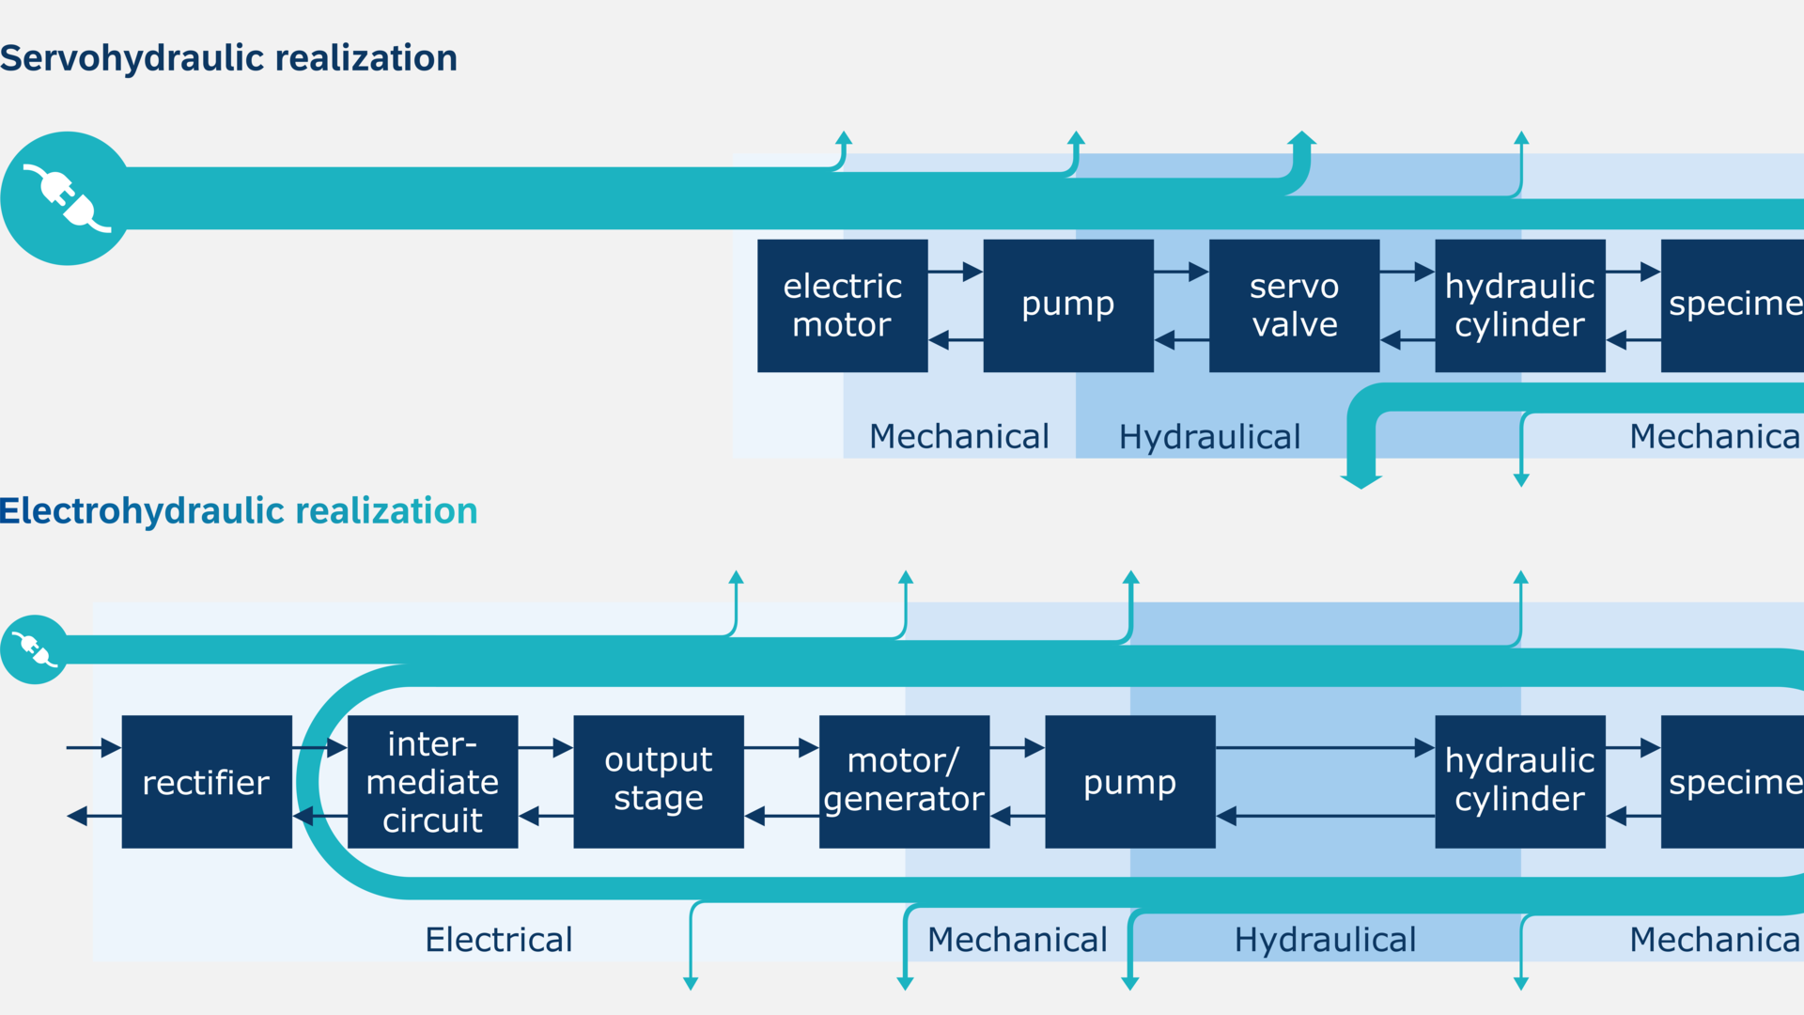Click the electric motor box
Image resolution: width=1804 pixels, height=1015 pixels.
pyautogui.click(x=842, y=305)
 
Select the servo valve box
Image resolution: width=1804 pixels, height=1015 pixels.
pyautogui.click(x=1294, y=305)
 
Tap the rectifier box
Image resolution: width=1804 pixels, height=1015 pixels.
pyautogui.click(x=207, y=782)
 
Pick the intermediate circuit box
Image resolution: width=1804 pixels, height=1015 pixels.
pyautogui.click(x=432, y=782)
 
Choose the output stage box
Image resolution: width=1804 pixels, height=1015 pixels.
pyautogui.click(x=658, y=782)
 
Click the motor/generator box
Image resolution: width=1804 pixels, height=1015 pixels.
pyautogui.click(x=904, y=782)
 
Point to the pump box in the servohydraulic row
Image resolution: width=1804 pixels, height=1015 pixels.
pyautogui.click(x=1068, y=305)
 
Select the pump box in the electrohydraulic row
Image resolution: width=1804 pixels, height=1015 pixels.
pyautogui.click(x=1129, y=782)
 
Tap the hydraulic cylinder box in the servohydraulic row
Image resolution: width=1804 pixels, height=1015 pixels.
pyautogui.click(x=1519, y=305)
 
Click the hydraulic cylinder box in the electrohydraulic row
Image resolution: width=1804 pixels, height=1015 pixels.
pyautogui.click(x=1519, y=782)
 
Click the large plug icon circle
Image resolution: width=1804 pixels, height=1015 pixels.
pyautogui.click(x=67, y=198)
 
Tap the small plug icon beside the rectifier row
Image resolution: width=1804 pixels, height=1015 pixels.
pyautogui.click(x=35, y=648)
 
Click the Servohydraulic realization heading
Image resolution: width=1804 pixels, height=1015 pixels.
pyautogui.click(x=228, y=58)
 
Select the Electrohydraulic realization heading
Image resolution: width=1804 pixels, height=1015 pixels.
pyautogui.click(x=239, y=511)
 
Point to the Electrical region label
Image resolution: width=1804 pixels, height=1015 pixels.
pyautogui.click(x=498, y=940)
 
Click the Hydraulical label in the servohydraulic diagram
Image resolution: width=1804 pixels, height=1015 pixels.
pyautogui.click(x=1209, y=437)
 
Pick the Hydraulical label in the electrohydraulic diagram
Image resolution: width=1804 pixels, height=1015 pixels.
pyautogui.click(x=1325, y=940)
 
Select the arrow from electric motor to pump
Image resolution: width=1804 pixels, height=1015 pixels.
pyautogui.click(x=956, y=272)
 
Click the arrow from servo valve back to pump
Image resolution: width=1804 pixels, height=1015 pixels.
pyautogui.click(x=1181, y=340)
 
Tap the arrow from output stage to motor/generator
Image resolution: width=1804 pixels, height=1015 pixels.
pyautogui.click(x=782, y=748)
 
